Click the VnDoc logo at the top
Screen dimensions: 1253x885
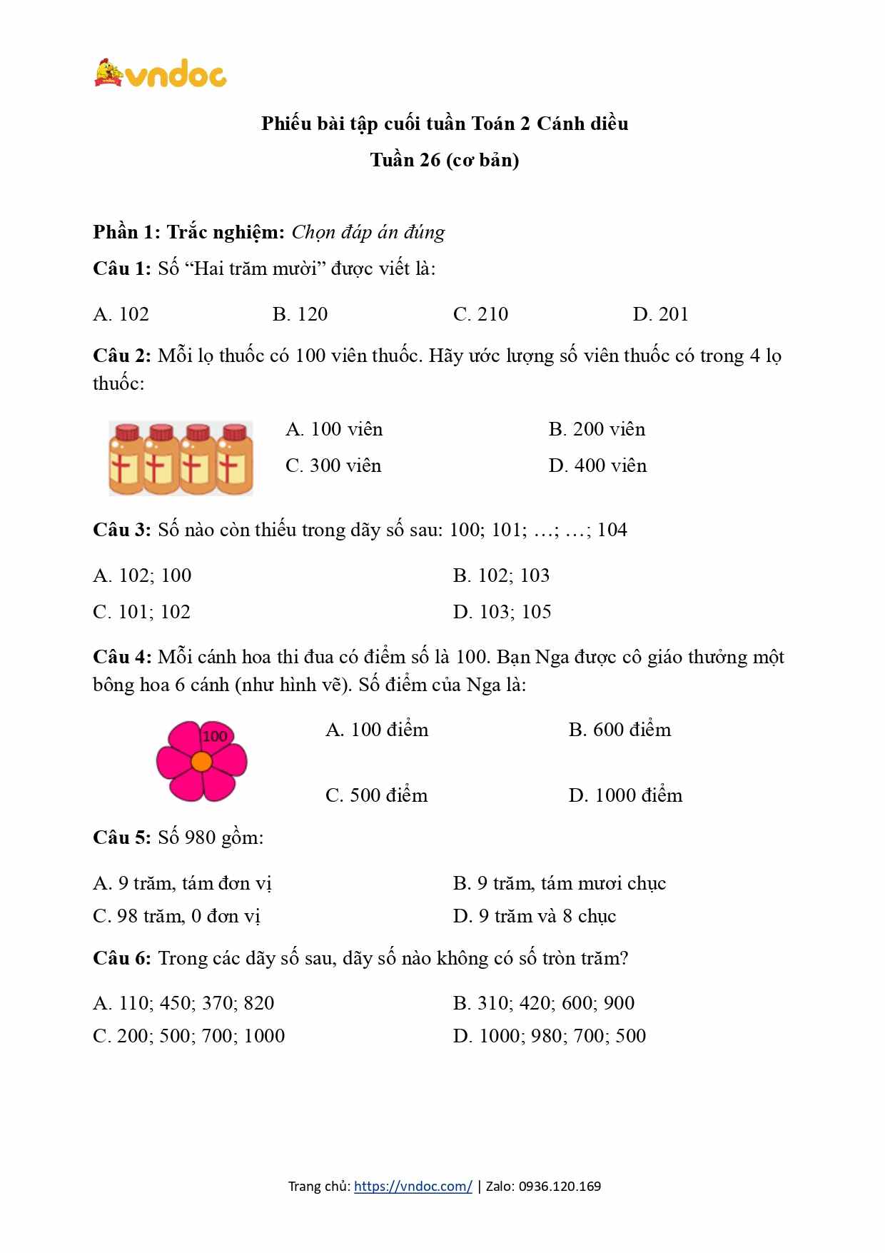pyautogui.click(x=161, y=73)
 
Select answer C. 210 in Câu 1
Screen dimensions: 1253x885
pyautogui.click(x=480, y=314)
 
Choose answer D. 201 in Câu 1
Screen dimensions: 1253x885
pyautogui.click(x=660, y=314)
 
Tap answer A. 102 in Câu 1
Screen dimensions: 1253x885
pyautogui.click(x=121, y=314)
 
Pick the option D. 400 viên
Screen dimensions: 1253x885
pyautogui.click(x=597, y=466)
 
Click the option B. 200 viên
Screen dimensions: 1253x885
pyautogui.click(x=597, y=429)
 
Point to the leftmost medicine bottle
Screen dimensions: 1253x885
pyautogui.click(x=126, y=458)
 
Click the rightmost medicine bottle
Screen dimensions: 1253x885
pyautogui.click(x=235, y=458)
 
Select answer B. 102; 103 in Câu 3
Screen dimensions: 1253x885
pyautogui.click(x=501, y=575)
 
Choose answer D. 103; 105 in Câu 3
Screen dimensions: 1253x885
pyautogui.click(x=502, y=612)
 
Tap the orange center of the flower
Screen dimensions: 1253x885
pyautogui.click(x=201, y=762)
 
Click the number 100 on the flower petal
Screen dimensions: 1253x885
pyautogui.click(x=214, y=736)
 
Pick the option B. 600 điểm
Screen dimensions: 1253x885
pyautogui.click(x=619, y=730)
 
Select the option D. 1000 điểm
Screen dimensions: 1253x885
pyautogui.click(x=625, y=795)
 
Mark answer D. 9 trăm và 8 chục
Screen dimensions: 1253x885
pyautogui.click(x=534, y=916)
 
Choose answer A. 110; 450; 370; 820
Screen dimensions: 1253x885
pyautogui.click(x=183, y=1003)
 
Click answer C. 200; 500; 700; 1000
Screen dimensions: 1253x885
pyautogui.click(x=188, y=1036)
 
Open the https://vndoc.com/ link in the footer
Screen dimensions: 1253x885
pyautogui.click(x=413, y=1187)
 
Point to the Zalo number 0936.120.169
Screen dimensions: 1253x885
pyautogui.click(x=560, y=1187)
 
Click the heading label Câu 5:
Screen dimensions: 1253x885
pyautogui.click(x=121, y=837)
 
